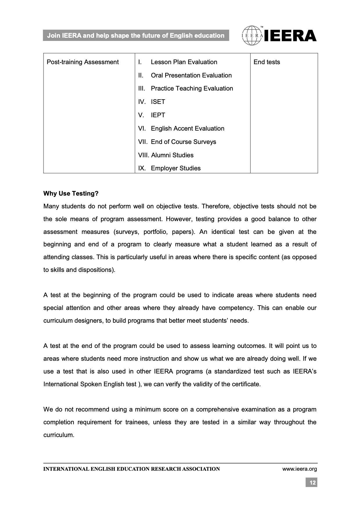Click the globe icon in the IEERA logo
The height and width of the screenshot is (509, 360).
(x=252, y=36)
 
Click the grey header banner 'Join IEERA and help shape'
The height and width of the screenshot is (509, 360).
(x=136, y=36)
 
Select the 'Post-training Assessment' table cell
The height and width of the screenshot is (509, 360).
(x=83, y=62)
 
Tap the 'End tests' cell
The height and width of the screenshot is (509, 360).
(x=267, y=62)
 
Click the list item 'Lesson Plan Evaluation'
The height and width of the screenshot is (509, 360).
(x=184, y=62)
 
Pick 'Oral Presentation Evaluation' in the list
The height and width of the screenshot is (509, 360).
(x=191, y=75)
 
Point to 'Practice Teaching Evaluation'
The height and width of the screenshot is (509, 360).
(x=192, y=89)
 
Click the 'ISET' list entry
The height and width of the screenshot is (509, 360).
(x=158, y=102)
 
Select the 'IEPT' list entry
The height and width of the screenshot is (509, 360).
(x=158, y=115)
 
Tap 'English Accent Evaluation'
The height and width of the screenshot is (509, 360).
(x=188, y=129)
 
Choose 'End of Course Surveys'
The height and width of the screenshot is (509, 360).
(x=183, y=142)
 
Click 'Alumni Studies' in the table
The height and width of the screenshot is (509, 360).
(x=172, y=155)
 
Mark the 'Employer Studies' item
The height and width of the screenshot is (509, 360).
(x=176, y=168)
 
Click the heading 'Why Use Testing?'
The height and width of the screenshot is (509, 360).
(x=71, y=194)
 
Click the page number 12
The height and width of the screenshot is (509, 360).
(x=312, y=483)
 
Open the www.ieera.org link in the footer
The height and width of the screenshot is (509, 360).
(x=300, y=469)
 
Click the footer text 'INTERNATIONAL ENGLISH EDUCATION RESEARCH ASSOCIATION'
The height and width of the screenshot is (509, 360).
(x=132, y=469)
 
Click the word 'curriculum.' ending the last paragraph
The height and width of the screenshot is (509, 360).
(x=59, y=435)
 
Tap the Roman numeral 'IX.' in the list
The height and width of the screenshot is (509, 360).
(x=142, y=168)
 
